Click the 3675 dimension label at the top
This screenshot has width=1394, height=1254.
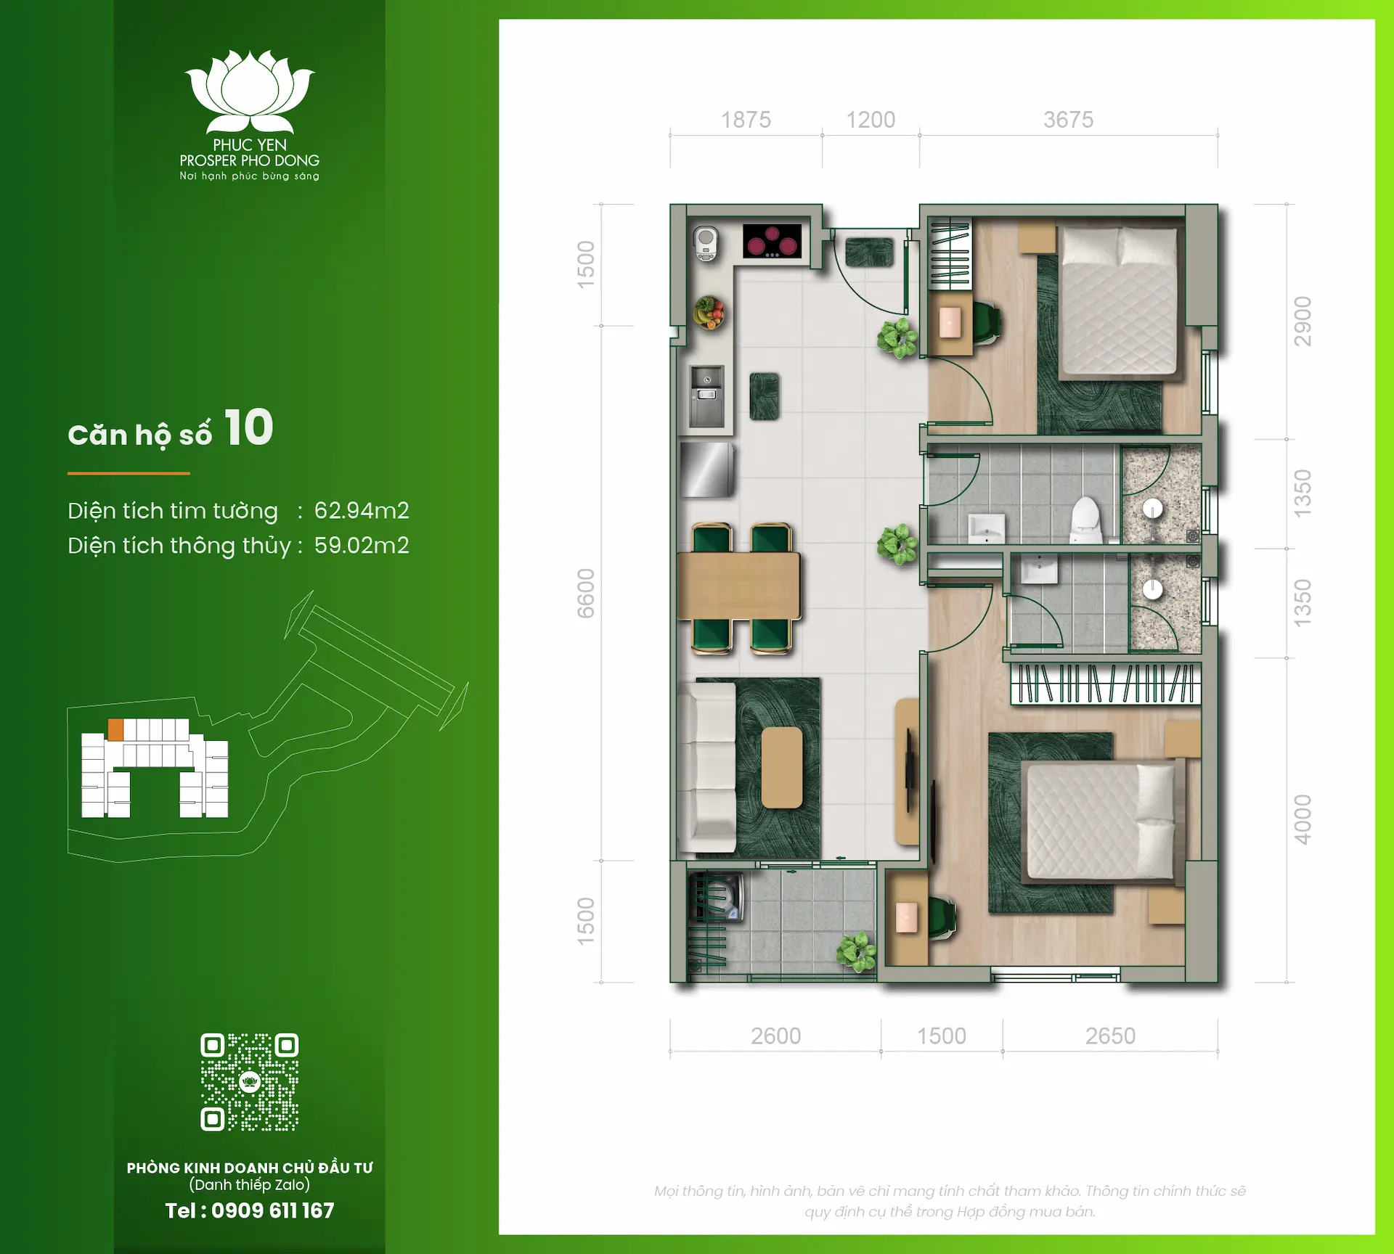(1068, 120)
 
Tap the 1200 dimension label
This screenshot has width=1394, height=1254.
(871, 120)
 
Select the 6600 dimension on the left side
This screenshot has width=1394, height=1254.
(586, 593)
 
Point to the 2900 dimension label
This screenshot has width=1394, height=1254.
(1303, 321)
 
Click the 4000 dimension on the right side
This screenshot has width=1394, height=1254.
(1303, 819)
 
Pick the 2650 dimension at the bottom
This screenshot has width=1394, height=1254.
(1110, 1036)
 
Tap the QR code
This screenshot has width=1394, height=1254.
(250, 1082)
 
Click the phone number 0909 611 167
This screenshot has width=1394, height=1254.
(272, 1210)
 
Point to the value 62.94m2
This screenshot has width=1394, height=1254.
(362, 511)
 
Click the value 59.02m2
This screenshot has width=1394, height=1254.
(362, 546)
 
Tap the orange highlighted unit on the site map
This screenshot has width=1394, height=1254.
(115, 729)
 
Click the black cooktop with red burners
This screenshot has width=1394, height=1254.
(772, 241)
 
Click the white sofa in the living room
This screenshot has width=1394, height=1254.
(706, 768)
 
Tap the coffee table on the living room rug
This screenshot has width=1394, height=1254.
(782, 768)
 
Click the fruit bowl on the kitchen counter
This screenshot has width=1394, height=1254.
(709, 313)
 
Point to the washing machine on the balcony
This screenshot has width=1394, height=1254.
(720, 898)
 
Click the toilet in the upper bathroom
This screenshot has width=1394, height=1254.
(1085, 517)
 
